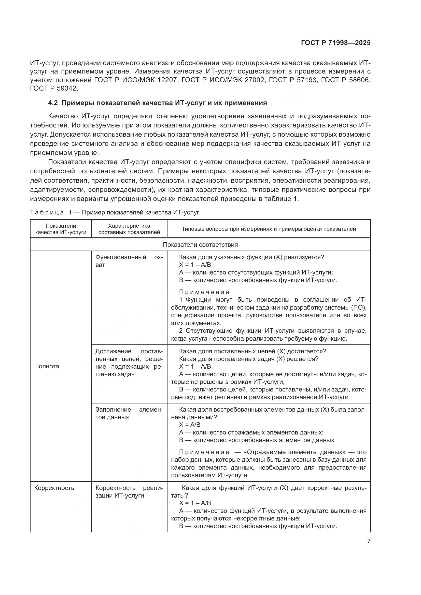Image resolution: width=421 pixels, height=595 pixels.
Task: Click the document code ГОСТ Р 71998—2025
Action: tap(336, 43)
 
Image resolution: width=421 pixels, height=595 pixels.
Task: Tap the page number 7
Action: tap(369, 541)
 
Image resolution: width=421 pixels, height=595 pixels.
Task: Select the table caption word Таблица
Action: tap(47, 212)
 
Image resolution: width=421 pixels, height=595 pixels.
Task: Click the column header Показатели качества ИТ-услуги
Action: tap(61, 229)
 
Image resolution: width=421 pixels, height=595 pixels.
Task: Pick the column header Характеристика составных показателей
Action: tap(129, 229)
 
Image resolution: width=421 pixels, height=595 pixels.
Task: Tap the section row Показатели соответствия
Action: tap(200, 245)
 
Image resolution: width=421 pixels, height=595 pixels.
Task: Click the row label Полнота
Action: tap(47, 366)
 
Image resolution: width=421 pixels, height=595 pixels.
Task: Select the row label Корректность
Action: tap(54, 488)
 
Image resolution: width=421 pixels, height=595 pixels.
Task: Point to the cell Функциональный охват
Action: tap(129, 261)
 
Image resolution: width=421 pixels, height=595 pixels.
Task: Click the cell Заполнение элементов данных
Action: tap(129, 413)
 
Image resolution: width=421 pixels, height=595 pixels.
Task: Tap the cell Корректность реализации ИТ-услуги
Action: tap(129, 492)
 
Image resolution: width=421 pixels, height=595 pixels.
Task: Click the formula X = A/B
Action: tap(190, 425)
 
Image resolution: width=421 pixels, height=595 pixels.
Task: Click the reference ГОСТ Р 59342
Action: tap(54, 88)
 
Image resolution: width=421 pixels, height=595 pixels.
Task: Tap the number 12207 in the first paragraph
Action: tap(167, 80)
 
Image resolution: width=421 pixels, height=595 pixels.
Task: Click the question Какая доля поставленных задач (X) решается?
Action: tap(249, 359)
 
